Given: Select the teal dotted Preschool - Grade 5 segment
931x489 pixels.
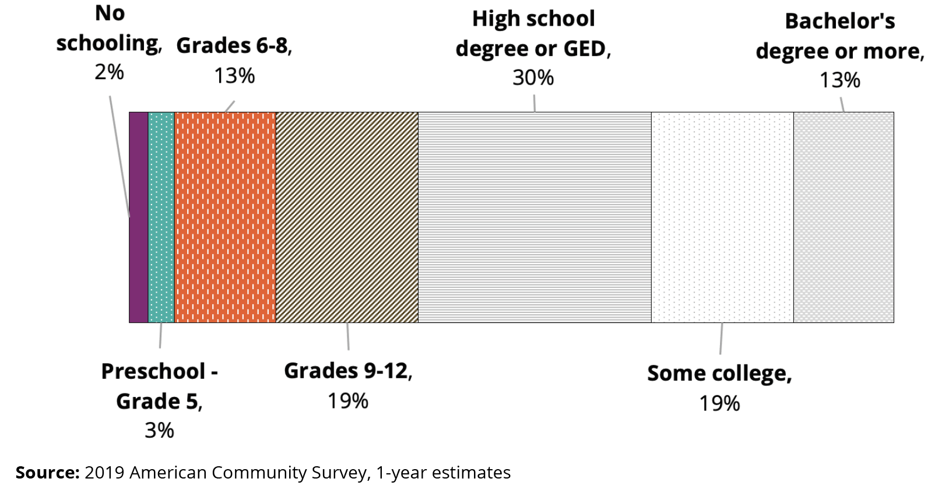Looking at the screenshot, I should (x=161, y=217).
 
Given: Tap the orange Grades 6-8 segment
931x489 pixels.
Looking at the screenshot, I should (x=225, y=217).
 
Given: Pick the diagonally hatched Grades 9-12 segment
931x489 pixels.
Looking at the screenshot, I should (x=347, y=217).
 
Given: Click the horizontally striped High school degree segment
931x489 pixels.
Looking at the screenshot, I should (x=535, y=217).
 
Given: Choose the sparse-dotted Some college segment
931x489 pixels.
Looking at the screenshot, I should (x=722, y=217).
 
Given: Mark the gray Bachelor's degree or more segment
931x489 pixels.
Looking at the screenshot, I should (x=844, y=217).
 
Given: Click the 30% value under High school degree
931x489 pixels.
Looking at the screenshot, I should (x=533, y=78).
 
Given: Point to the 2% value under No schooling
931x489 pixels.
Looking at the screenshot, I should (x=109, y=72).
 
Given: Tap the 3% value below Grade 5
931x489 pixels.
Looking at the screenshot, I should (x=159, y=431).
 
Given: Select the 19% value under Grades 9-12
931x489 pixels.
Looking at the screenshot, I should (x=347, y=401).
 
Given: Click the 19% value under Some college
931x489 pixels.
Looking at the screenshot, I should (x=719, y=403).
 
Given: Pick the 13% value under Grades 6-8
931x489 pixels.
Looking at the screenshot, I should (x=234, y=76).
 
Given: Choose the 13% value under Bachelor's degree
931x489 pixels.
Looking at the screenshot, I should (x=839, y=80).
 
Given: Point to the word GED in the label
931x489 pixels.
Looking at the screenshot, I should (x=584, y=49).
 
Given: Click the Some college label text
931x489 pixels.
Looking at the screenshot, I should (x=719, y=374).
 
